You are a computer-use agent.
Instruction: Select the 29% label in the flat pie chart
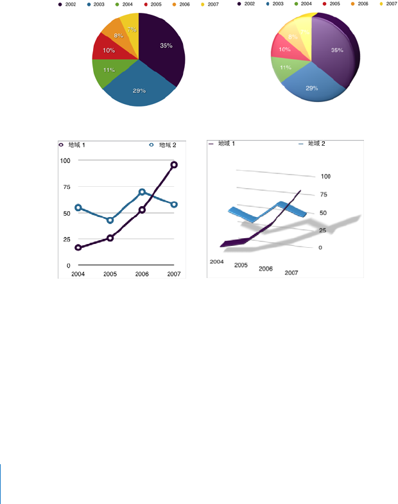point(139,91)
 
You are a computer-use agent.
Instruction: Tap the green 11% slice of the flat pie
point(108,70)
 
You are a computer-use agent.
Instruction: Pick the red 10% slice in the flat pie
point(108,50)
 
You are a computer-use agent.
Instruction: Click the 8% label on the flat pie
point(118,36)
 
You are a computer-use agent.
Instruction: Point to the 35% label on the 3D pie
point(336,50)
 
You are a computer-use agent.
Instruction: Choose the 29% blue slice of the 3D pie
point(311,88)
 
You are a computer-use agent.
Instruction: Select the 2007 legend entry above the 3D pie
point(388,4)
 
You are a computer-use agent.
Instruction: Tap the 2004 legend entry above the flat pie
point(124,4)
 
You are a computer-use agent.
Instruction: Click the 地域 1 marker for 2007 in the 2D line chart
point(174,165)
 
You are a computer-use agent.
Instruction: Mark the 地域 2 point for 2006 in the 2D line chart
point(142,192)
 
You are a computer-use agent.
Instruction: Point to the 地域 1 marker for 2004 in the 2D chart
point(78,248)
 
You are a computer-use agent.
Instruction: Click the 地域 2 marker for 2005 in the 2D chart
point(110,220)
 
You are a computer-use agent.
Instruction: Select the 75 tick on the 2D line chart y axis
point(65,187)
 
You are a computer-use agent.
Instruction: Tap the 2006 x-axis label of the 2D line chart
point(142,274)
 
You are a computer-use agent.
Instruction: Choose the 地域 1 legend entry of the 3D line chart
point(222,144)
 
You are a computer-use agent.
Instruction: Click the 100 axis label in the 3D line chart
point(325,176)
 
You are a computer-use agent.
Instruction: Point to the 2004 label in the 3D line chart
point(216,261)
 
